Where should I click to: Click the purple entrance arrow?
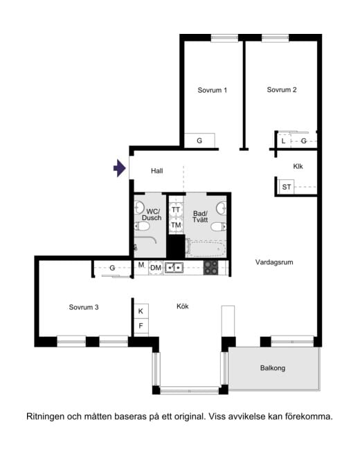click(x=120, y=168)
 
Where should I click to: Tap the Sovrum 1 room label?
click(x=212, y=90)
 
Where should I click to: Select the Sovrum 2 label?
click(x=282, y=90)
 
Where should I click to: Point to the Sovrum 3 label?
click(x=84, y=307)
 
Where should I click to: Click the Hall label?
click(x=157, y=171)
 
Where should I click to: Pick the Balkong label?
click(x=273, y=368)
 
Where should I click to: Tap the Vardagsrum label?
click(x=274, y=262)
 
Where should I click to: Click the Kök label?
click(x=183, y=307)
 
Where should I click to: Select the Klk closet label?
click(x=298, y=166)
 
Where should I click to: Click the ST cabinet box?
click(x=287, y=187)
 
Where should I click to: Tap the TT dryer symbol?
click(x=176, y=210)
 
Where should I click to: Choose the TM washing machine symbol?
click(x=176, y=225)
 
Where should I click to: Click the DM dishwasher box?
click(x=156, y=268)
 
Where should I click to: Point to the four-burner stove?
click(x=211, y=268)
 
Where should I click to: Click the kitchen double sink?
click(x=174, y=268)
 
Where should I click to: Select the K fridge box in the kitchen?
click(x=141, y=311)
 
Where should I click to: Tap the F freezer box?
click(x=141, y=326)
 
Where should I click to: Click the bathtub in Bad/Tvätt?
click(x=206, y=249)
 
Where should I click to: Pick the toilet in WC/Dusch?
click(x=142, y=226)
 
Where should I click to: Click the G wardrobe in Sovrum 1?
click(x=199, y=140)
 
